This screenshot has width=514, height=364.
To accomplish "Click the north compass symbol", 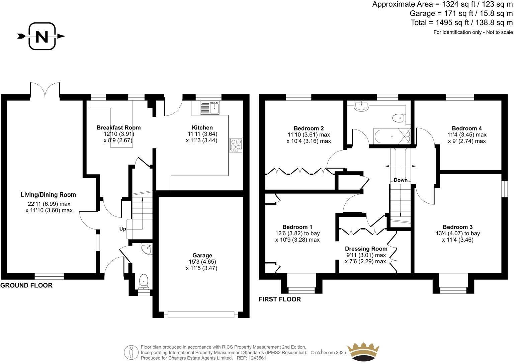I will pyautogui.click(x=41, y=36).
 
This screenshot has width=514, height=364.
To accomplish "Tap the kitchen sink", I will pyautogui.click(x=209, y=108).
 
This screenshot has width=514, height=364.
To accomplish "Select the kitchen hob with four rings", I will pyautogui.click(x=236, y=146).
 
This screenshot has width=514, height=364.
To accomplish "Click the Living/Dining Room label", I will pyautogui.click(x=48, y=195).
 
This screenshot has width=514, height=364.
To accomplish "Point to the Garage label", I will pyautogui.click(x=202, y=255).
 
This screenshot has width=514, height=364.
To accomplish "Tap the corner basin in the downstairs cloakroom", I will pyautogui.click(x=146, y=249).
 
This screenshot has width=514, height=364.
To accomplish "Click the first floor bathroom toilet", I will pyautogui.click(x=399, y=118).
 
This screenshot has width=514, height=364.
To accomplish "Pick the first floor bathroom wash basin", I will pyautogui.click(x=361, y=106).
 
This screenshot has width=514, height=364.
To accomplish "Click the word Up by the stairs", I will pyautogui.click(x=122, y=229).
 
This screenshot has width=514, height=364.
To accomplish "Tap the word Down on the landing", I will pyautogui.click(x=401, y=180).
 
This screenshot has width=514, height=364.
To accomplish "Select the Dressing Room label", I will pyautogui.click(x=366, y=249).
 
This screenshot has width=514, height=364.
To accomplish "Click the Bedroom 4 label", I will pyautogui.click(x=466, y=128).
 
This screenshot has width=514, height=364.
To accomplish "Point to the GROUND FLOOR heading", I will pyautogui.click(x=26, y=285).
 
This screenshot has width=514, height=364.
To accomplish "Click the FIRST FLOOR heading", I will pyautogui.click(x=280, y=299).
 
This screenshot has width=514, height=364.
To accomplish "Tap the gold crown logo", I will pyautogui.click(x=363, y=351).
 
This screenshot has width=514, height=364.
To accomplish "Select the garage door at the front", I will pyautogui.click(x=201, y=314).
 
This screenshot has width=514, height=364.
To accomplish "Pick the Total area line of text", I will pyautogui.click(x=461, y=23).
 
